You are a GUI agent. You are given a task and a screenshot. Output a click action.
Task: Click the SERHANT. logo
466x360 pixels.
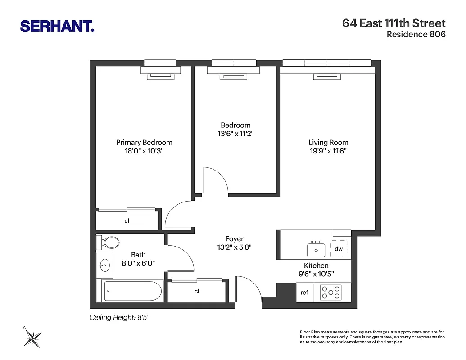(57, 26)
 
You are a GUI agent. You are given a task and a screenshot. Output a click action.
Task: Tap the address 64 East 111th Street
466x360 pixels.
(394, 23)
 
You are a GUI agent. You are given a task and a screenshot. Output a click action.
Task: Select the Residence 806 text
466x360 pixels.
(416, 35)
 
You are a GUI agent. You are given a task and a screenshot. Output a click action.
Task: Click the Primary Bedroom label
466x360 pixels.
(144, 142)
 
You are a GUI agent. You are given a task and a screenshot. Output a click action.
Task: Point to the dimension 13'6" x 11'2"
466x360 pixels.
(235, 134)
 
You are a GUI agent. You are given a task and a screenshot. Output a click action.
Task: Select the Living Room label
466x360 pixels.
(328, 142)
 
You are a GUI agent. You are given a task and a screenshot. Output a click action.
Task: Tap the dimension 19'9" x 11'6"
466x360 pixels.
(328, 151)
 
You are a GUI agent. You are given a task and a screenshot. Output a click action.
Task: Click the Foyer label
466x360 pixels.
(234, 239)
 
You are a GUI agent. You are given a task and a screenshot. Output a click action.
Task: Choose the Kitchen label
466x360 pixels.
(316, 265)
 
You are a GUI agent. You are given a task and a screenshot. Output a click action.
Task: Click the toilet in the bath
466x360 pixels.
(109, 243)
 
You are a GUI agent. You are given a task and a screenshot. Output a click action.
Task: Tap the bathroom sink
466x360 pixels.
(105, 265)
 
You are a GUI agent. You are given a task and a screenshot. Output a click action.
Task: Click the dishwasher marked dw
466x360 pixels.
(339, 249)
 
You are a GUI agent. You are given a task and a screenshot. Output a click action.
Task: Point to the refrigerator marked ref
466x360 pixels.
(304, 292)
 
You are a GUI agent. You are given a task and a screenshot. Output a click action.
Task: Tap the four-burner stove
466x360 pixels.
(330, 292)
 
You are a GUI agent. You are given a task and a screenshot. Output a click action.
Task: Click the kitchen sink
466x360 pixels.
(317, 249)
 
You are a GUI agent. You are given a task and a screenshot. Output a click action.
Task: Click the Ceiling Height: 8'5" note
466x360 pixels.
(119, 317)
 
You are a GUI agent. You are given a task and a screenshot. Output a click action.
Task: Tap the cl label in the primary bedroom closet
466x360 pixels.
(127, 221)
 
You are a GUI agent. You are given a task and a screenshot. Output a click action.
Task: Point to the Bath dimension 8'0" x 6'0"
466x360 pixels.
(138, 264)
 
